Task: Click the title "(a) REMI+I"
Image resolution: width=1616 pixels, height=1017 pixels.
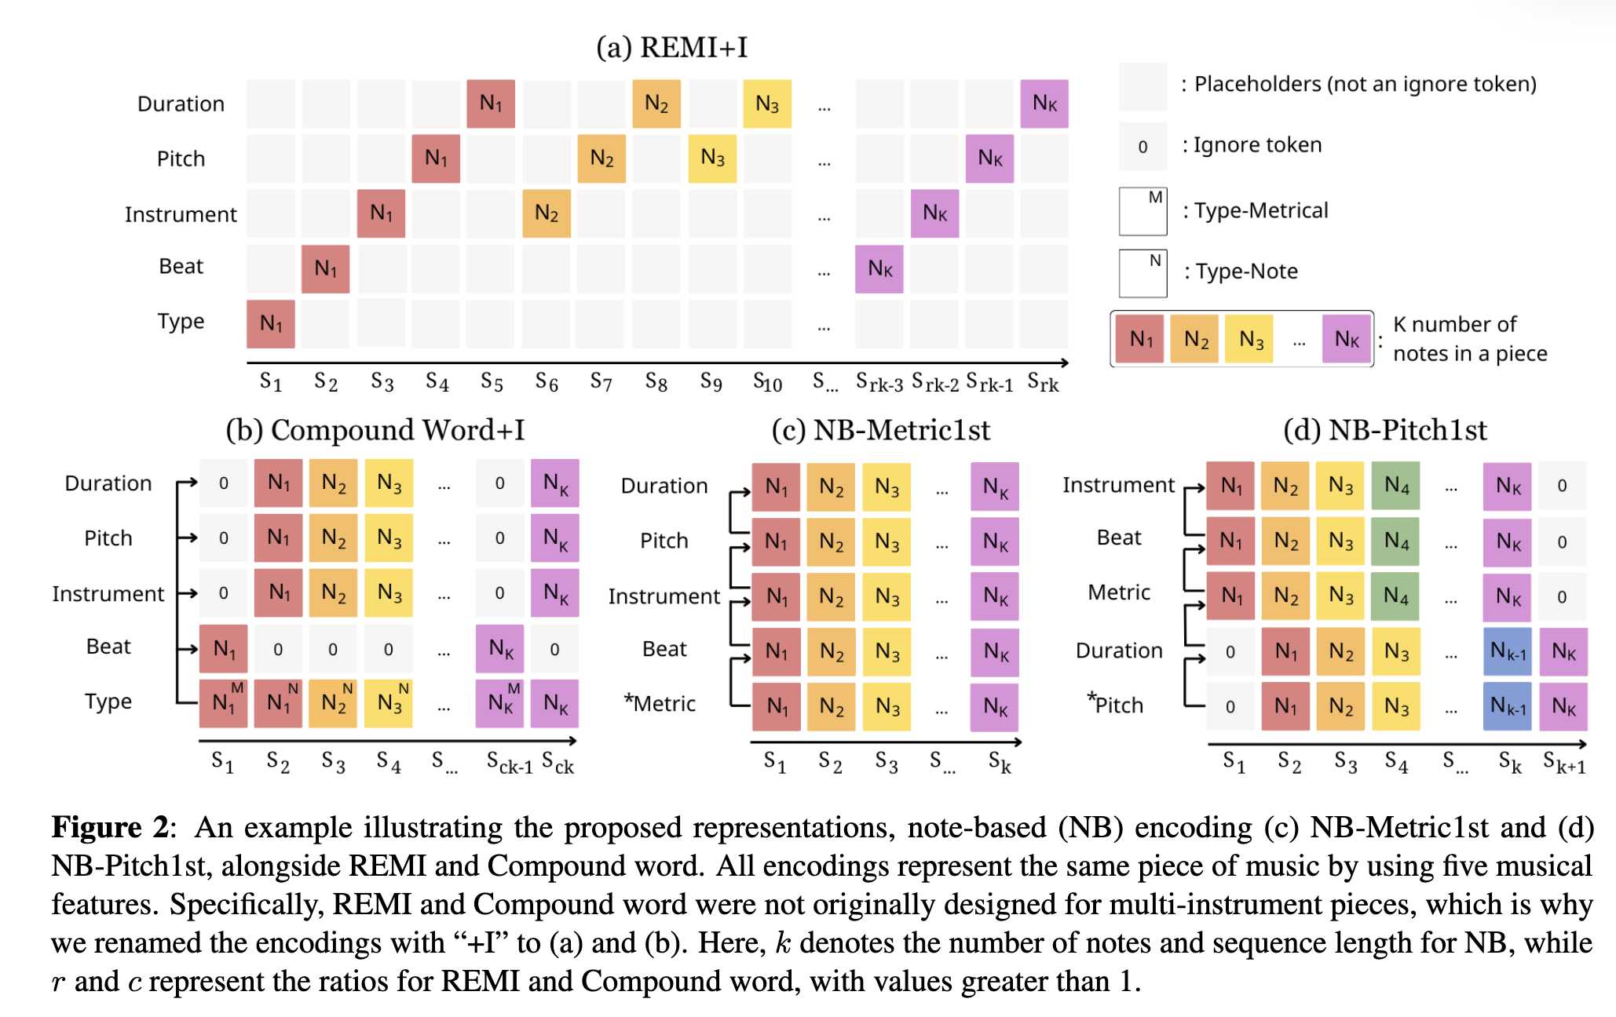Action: [671, 47]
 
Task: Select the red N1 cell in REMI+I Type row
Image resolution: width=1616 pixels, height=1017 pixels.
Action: [271, 323]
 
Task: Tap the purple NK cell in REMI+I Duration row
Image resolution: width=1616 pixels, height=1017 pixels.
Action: [1044, 104]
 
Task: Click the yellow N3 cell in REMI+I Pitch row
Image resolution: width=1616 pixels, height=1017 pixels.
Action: [712, 159]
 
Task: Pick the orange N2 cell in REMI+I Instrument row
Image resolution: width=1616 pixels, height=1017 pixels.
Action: [547, 213]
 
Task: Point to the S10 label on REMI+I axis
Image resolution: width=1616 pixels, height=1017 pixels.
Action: [767, 383]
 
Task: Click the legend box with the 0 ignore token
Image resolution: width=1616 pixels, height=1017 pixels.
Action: [1143, 147]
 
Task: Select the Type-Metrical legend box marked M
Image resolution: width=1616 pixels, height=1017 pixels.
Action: [1143, 211]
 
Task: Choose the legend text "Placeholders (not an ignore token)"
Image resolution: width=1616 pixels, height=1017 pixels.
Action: [1365, 84]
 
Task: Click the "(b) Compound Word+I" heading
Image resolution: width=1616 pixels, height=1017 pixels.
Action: [375, 430]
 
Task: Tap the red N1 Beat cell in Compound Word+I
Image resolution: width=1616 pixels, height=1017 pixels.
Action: [224, 649]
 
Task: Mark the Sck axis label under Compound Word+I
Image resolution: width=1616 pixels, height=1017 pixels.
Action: [558, 763]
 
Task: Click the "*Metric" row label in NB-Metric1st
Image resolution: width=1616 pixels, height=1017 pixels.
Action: [660, 703]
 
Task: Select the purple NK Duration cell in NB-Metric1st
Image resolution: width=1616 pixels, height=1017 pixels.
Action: [995, 487]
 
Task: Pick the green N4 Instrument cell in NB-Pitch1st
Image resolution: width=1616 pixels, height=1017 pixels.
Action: [1395, 486]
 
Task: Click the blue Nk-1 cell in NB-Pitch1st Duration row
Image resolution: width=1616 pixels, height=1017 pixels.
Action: [1507, 651]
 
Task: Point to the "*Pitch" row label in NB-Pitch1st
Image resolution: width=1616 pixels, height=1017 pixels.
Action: [1116, 704]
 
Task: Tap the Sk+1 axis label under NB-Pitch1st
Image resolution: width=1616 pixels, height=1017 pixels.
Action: [1563, 763]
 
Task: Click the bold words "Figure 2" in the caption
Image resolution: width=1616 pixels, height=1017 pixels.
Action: [110, 828]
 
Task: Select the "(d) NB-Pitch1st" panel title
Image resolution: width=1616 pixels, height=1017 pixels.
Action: [1384, 430]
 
